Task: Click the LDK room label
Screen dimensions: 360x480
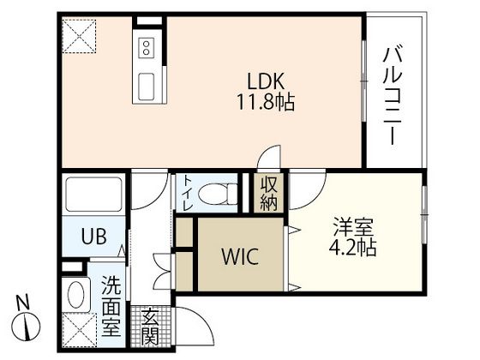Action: (x=266, y=82)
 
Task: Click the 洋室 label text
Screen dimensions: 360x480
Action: (x=353, y=231)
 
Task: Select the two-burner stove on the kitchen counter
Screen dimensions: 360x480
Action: (x=146, y=47)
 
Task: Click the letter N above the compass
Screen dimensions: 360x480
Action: (x=26, y=302)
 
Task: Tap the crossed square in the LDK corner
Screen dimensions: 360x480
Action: (x=78, y=36)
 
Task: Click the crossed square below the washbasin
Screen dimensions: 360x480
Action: (x=78, y=329)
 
